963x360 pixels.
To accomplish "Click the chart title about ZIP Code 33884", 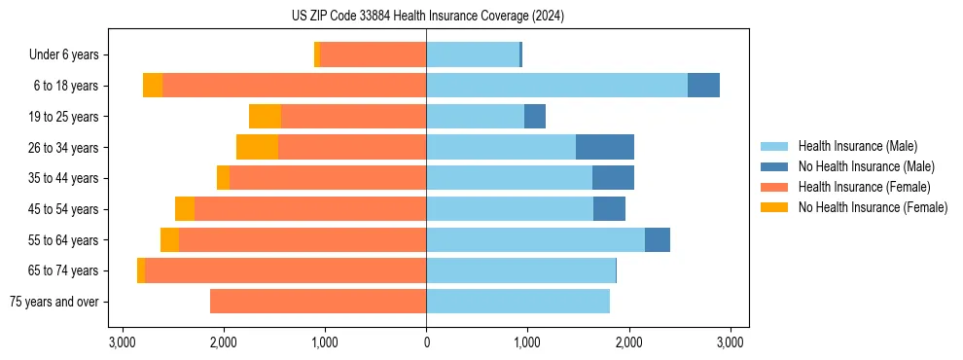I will [x=426, y=17].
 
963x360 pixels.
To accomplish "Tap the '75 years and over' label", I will [x=53, y=302].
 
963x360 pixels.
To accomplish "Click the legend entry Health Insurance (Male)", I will [x=857, y=146].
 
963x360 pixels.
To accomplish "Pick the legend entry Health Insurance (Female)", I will [x=864, y=187].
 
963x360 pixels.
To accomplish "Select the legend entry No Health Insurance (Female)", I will [x=873, y=207].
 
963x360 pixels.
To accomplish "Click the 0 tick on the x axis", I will [x=426, y=342].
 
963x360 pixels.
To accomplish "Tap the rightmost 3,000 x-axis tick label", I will [x=731, y=342].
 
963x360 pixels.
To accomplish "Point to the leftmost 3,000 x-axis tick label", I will [x=122, y=342].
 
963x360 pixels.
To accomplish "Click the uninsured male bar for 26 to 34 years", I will [x=604, y=147].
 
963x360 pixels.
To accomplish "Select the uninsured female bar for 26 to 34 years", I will [x=257, y=147].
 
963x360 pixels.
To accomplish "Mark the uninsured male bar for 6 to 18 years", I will [x=703, y=86].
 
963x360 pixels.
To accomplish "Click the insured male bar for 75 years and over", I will [x=517, y=302].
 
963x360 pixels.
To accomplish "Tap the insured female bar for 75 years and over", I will [x=318, y=302].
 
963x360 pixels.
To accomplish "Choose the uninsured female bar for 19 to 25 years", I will [x=265, y=117].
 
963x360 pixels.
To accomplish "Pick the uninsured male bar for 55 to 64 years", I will [x=657, y=239].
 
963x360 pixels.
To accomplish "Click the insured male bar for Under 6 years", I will [x=473, y=54].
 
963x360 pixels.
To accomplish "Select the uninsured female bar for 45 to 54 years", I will [x=184, y=209].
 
